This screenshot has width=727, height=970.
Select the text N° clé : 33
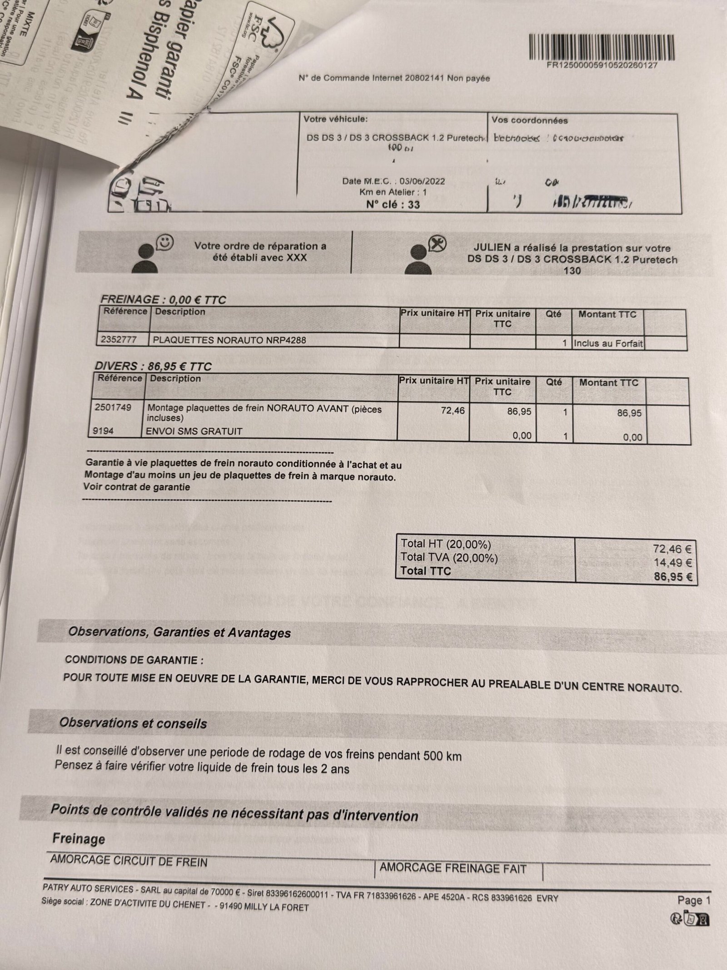tap(393, 205)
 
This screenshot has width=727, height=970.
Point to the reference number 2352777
tap(121, 340)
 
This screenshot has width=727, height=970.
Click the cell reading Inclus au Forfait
tap(608, 343)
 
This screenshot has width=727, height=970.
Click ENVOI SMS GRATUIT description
tap(194, 431)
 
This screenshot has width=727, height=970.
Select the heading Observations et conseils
tap(133, 723)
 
